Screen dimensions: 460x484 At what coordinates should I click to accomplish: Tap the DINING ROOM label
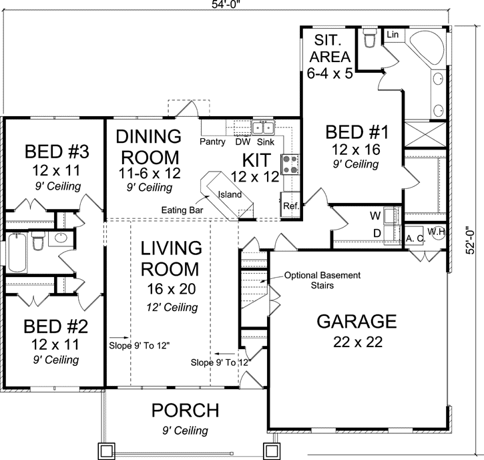click(148, 147)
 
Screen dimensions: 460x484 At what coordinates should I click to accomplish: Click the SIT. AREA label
click(330, 48)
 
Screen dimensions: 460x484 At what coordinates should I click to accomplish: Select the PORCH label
click(184, 409)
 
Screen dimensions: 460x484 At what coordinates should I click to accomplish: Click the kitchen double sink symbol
click(262, 128)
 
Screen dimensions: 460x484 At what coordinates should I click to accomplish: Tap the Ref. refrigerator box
click(290, 206)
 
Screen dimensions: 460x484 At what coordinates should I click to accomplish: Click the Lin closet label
click(393, 33)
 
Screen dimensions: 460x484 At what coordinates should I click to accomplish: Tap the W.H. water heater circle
click(436, 232)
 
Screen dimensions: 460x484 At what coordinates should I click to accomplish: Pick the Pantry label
click(212, 142)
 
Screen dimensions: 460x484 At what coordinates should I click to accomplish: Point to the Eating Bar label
click(182, 210)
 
